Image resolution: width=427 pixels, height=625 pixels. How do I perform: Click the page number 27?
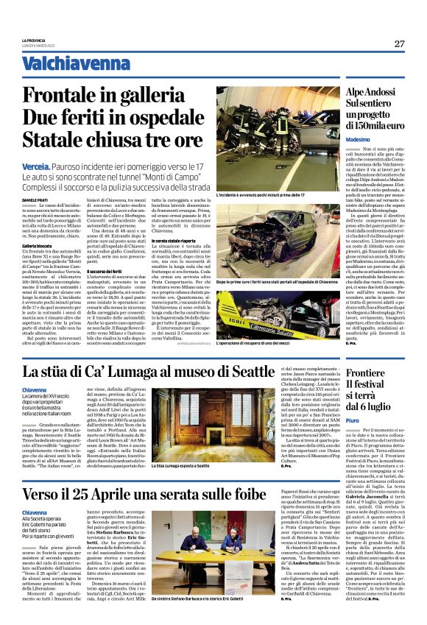click(x=398, y=43)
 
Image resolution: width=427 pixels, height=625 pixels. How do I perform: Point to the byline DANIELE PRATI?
click(x=35, y=201)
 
